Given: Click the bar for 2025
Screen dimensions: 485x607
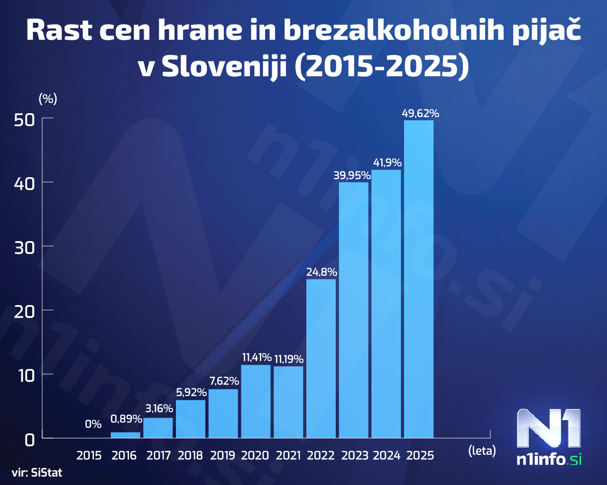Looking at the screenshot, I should pyautogui.click(x=418, y=279).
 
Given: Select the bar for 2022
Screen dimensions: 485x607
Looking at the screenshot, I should pyautogui.click(x=321, y=358).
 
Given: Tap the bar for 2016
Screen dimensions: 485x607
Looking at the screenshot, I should pyautogui.click(x=125, y=435).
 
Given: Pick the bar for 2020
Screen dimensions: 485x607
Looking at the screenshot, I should pyautogui.click(x=256, y=401).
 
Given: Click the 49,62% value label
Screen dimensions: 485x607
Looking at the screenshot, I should pyautogui.click(x=420, y=113).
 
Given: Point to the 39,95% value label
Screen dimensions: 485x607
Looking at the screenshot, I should pyautogui.click(x=352, y=176).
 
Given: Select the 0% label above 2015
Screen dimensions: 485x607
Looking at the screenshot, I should pyautogui.click(x=93, y=424).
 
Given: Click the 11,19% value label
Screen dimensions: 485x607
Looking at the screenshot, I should pyautogui.click(x=288, y=359).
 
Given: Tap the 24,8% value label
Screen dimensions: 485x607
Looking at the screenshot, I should pyautogui.click(x=322, y=272).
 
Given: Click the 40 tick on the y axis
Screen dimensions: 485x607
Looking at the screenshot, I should pyautogui.click(x=25, y=183).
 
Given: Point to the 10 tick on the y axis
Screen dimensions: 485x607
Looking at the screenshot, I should pyautogui.click(x=26, y=376).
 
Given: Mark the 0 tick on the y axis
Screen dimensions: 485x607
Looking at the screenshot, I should pyautogui.click(x=30, y=440).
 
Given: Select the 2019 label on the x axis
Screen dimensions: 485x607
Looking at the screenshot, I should pyautogui.click(x=222, y=456).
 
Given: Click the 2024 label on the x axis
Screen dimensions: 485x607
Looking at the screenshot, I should pyautogui.click(x=386, y=456).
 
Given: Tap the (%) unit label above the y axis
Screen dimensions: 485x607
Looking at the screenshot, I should pyautogui.click(x=47, y=99).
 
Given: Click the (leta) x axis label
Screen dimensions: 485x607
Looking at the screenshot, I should pyautogui.click(x=482, y=450).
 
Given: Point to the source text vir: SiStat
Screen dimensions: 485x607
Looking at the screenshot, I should pyautogui.click(x=37, y=473).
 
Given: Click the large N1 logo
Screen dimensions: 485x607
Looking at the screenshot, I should pyautogui.click(x=549, y=428).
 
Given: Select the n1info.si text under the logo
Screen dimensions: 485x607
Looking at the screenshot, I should pyautogui.click(x=549, y=459).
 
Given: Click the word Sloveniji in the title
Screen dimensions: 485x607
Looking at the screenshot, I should pyautogui.click(x=224, y=67).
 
